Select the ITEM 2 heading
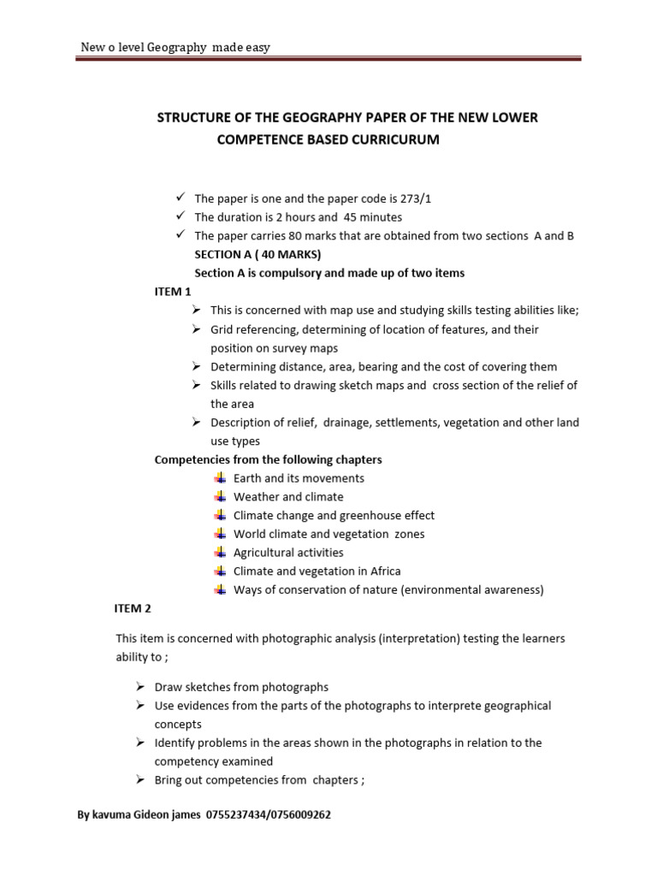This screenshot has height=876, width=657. [x=133, y=608]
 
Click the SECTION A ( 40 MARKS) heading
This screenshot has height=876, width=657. [x=248, y=254]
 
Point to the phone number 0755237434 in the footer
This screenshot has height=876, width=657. [x=235, y=815]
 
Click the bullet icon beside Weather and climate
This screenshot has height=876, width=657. [x=221, y=497]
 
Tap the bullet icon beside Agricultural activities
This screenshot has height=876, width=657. [x=221, y=553]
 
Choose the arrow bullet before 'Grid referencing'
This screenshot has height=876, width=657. [x=196, y=329]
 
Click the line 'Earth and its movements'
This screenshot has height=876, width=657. [x=299, y=478]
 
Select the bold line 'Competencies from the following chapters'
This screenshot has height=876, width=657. [x=268, y=459]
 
